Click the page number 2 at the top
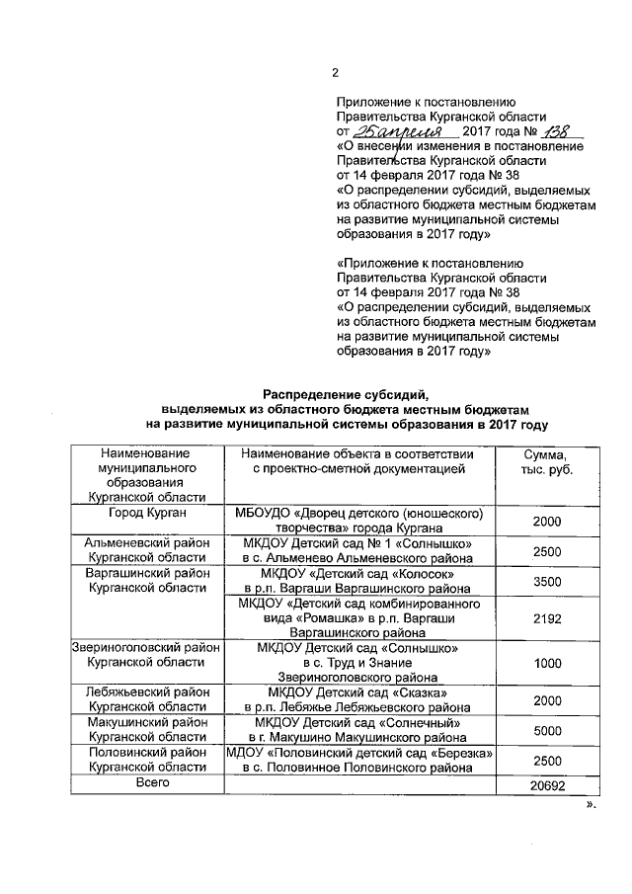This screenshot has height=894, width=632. (335, 72)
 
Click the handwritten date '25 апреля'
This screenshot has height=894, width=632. (391, 130)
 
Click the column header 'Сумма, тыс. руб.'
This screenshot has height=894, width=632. (546, 461)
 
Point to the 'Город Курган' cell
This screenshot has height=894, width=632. (147, 514)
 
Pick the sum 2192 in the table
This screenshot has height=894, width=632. (546, 618)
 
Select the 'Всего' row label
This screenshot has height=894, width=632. (147, 782)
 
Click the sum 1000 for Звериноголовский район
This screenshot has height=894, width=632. (546, 664)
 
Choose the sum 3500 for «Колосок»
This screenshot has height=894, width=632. (546, 582)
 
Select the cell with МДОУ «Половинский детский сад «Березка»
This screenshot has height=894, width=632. (359, 760)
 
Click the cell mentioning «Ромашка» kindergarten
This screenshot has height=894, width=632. (359, 618)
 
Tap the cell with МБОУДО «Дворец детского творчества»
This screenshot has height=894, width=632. (359, 521)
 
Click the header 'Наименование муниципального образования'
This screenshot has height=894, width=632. (147, 475)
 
